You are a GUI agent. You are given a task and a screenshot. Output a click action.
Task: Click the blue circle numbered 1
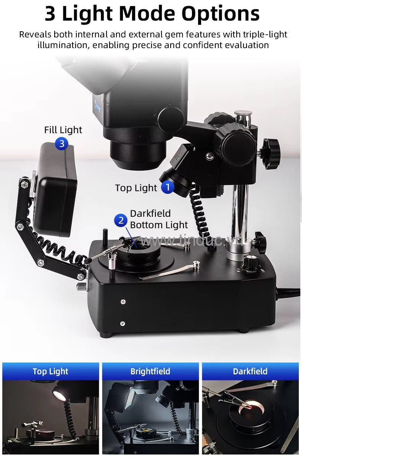tap(168, 187)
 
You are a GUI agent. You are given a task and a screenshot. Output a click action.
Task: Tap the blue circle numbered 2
tap(121, 220)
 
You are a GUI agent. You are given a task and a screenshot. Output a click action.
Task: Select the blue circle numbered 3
tap(61, 143)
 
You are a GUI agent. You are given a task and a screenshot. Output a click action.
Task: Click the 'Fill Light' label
tap(63, 130)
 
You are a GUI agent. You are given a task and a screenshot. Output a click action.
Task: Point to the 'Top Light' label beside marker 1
tap(136, 188)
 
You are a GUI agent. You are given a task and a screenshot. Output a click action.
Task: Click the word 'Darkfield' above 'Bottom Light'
tap(150, 213)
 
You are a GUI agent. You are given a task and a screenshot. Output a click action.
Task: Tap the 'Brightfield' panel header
tap(150, 371)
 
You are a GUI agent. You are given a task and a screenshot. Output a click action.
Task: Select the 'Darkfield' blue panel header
tap(250, 371)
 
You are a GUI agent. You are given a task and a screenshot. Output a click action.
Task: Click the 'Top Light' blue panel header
tap(50, 371)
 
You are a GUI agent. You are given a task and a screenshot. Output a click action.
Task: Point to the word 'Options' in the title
tap(221, 14)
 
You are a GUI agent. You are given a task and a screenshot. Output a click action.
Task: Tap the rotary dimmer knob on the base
tap(251, 263)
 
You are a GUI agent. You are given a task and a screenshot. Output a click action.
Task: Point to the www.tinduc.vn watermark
tap(192, 241)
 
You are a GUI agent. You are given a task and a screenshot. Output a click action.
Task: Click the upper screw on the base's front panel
tap(123, 302)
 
